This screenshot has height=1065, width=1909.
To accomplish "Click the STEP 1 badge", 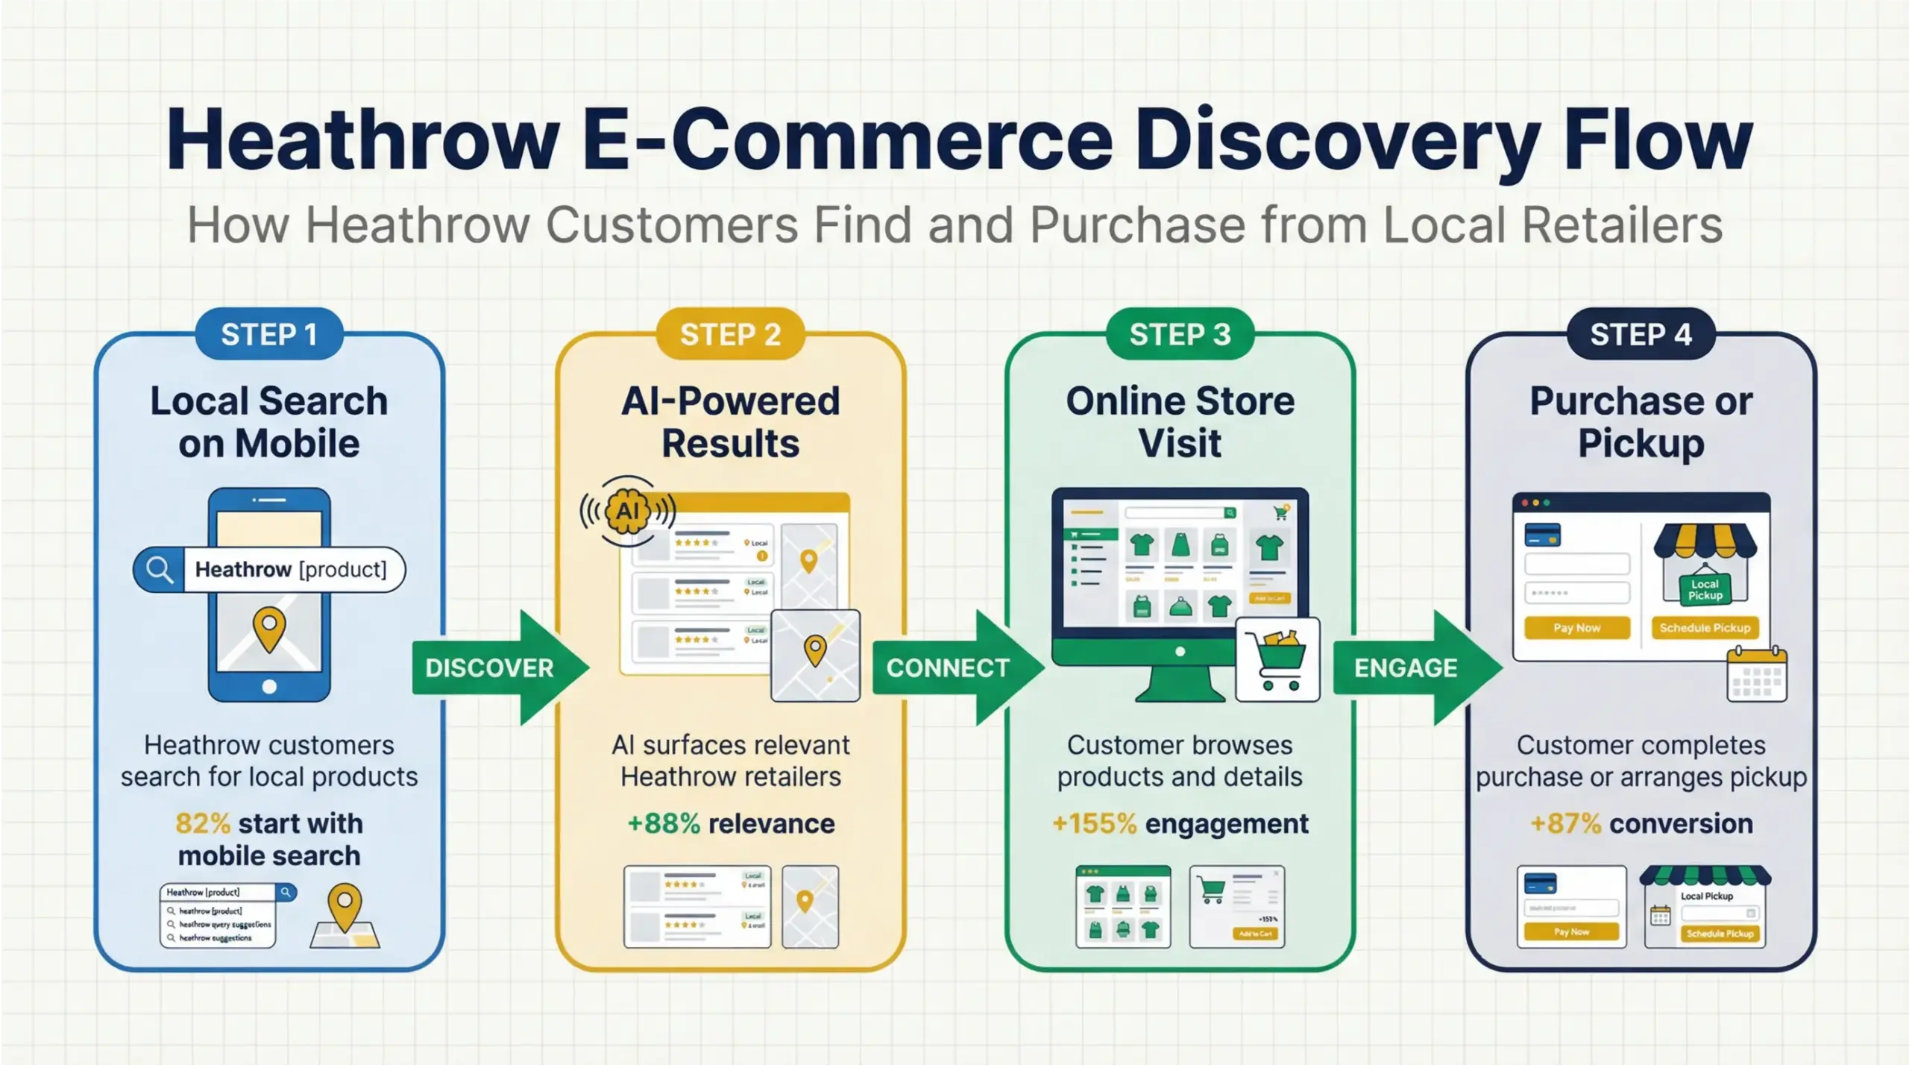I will tap(269, 334).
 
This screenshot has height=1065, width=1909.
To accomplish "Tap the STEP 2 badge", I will tap(730, 334).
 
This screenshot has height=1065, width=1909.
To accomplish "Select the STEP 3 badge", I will tap(1180, 334).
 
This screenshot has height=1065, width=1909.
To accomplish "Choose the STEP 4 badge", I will tap(1641, 334).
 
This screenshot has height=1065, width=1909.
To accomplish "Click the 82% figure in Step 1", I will tap(203, 823).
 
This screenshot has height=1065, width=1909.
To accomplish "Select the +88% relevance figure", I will tap(664, 823).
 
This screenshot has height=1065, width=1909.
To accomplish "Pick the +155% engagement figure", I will tap(1094, 823).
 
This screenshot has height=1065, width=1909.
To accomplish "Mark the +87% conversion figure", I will tap(1565, 823).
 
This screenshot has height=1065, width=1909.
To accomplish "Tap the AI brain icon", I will tap(628, 511).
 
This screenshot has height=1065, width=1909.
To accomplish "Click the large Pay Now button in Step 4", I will tap(1576, 628).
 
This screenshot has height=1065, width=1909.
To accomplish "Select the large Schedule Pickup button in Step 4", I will tap(1705, 628).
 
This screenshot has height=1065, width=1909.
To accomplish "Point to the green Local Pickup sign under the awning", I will tap(1705, 589).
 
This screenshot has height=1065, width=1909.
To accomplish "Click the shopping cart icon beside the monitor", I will tap(1278, 658).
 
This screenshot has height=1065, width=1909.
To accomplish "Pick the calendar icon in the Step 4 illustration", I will tap(1757, 675).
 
